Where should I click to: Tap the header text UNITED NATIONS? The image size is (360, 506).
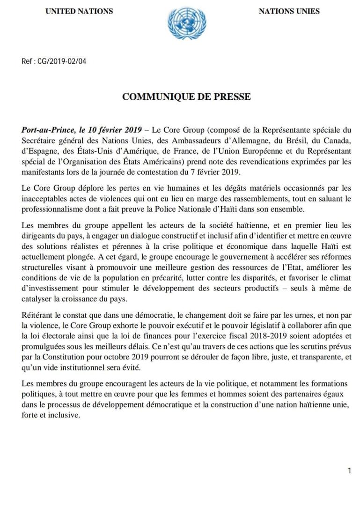coord(79,11)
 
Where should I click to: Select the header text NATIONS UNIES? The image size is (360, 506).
coord(289,11)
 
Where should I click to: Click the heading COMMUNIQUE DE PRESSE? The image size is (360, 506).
coord(186,97)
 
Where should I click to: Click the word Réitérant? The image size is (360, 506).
coord(38,316)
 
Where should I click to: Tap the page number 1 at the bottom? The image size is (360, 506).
coord(349,471)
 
